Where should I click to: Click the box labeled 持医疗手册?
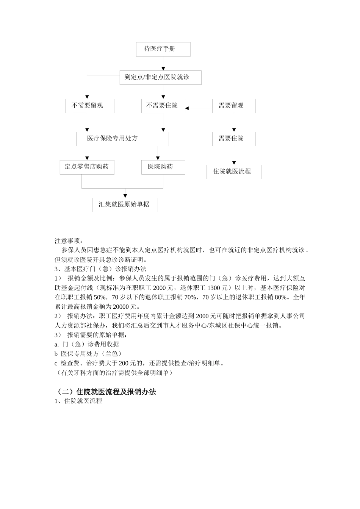163,49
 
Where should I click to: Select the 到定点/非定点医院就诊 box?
160,77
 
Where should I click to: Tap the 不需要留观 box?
89,106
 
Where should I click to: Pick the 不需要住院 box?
163,106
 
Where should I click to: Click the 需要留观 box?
233,106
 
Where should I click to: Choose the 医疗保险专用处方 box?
122,139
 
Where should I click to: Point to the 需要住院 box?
233,139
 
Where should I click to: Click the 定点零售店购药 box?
87,167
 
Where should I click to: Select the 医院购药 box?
163,167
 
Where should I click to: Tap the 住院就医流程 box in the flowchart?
233,172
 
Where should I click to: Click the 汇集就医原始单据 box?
125,205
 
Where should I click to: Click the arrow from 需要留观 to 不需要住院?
199,108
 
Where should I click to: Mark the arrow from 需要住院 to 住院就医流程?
234,155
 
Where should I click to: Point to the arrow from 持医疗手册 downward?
163,63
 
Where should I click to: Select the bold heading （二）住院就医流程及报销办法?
105,392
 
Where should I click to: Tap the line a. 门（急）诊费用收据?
87,344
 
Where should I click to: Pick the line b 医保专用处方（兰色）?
88,354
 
